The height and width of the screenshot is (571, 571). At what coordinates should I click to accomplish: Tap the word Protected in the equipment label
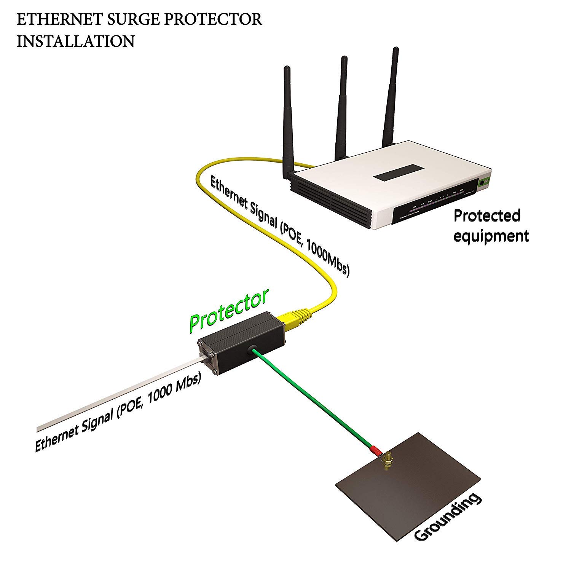pyautogui.click(x=487, y=216)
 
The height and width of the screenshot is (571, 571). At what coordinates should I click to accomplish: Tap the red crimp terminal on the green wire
pyautogui.click(x=375, y=451)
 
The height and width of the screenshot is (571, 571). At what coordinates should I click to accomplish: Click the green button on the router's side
pyautogui.click(x=485, y=182)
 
